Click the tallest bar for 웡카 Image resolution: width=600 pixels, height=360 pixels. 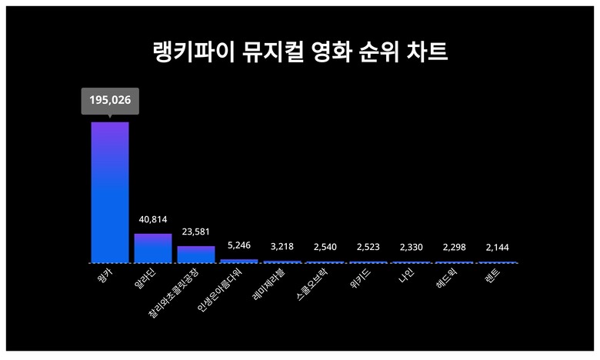[110, 192]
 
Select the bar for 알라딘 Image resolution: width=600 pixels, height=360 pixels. [152, 248]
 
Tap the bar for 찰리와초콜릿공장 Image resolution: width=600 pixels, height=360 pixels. [196, 254]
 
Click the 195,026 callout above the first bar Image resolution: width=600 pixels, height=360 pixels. [110, 101]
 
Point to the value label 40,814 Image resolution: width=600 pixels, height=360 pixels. [152, 220]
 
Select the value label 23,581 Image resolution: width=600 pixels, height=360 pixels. [196, 232]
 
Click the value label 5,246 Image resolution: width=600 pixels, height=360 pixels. [239, 245]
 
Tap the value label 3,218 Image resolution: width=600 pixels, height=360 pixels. [282, 247]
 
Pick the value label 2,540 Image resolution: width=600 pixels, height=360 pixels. [325, 247]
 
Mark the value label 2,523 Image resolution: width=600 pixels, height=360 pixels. [368, 247]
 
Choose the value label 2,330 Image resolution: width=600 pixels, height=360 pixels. [412, 247]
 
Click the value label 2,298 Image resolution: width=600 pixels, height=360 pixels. [455, 247]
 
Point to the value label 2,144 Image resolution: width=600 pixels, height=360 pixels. [498, 247]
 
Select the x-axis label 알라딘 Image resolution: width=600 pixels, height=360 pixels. [146, 276]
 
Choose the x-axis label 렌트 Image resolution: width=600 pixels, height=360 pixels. [492, 275]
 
